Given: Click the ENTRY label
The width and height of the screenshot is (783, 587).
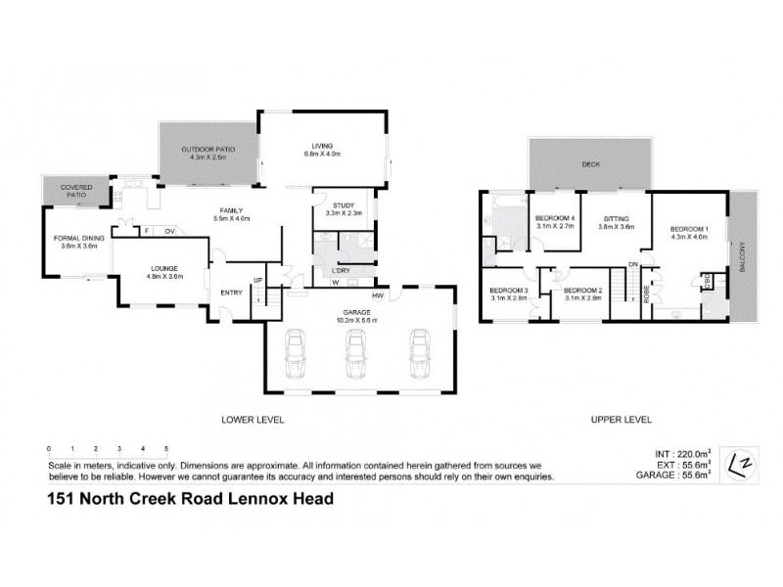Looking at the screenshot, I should click(231, 292).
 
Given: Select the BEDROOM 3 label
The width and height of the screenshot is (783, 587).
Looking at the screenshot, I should click(509, 292).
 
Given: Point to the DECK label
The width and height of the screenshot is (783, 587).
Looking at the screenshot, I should click(589, 165).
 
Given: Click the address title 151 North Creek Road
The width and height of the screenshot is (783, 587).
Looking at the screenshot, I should click(191, 499).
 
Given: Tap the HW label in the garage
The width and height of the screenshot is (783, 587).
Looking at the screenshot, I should click(377, 295).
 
